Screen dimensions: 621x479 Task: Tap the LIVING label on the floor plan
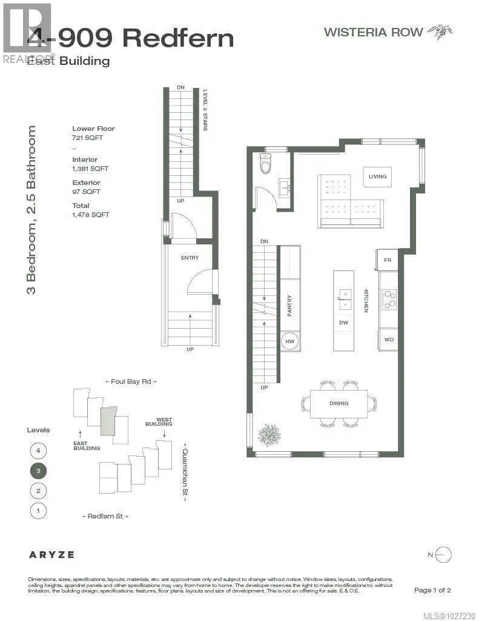(377, 176)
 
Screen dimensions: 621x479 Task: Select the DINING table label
(339, 403)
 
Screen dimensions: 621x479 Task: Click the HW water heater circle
(289, 341)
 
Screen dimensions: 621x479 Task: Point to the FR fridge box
(388, 260)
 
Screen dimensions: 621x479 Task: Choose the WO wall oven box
(388, 340)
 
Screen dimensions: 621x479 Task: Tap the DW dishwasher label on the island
(343, 323)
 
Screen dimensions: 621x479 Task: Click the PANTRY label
(289, 306)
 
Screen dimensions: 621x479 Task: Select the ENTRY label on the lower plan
(190, 258)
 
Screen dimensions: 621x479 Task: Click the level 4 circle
(38, 451)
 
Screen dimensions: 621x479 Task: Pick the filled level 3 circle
(38, 471)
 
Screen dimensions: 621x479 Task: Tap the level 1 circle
(38, 511)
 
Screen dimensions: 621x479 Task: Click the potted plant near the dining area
(269, 434)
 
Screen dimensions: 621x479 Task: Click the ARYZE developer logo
(51, 554)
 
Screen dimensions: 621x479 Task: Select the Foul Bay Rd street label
(131, 381)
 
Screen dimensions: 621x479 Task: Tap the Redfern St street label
(105, 516)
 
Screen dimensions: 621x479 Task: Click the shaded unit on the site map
(107, 421)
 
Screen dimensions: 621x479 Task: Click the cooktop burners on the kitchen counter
(388, 298)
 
